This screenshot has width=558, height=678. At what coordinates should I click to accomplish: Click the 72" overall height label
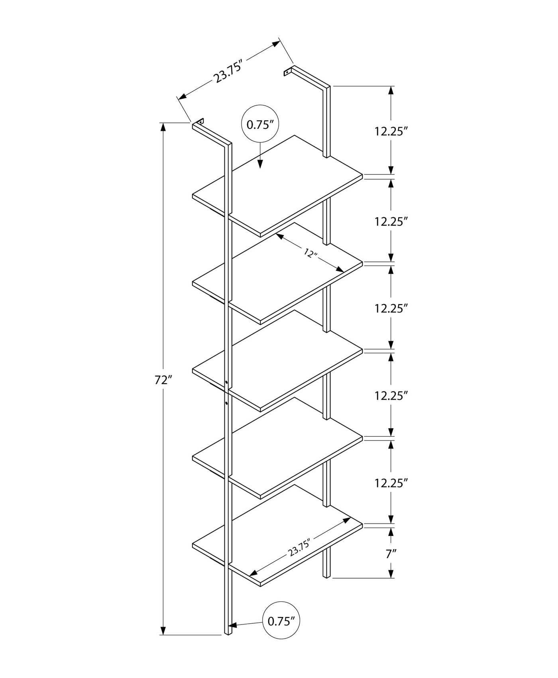coord(163,380)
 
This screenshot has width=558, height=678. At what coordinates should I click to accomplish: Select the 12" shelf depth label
coord(310,253)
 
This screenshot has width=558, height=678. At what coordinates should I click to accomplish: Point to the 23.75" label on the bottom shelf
coord(299,547)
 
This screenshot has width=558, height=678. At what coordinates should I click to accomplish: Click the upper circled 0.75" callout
coord(260,125)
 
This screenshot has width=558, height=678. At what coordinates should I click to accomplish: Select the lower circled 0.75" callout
coord(281,632)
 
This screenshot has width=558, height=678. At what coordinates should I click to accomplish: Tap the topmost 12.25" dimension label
coord(391,131)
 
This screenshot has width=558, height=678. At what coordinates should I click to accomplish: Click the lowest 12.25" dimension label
coord(391,483)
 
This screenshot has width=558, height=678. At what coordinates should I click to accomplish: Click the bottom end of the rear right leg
coord(326,575)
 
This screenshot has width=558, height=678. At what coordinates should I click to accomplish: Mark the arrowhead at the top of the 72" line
coord(163,127)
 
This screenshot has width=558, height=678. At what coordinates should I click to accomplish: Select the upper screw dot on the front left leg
coord(226,382)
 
